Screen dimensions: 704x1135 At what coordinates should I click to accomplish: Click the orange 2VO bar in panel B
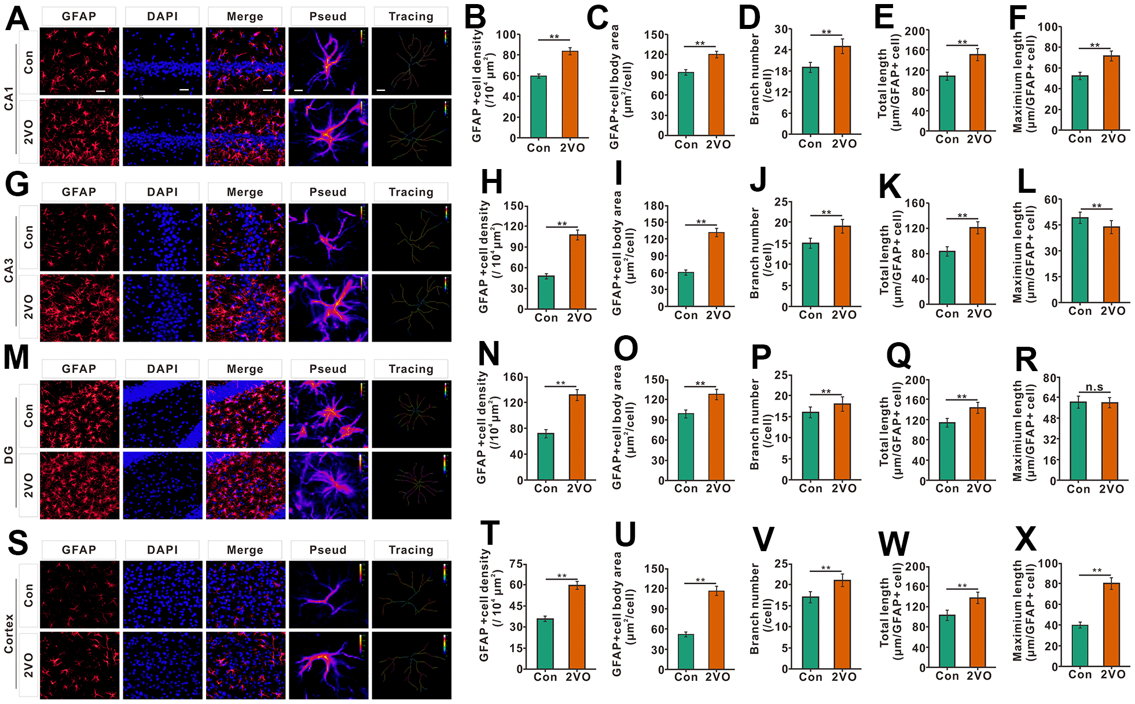coord(570,94)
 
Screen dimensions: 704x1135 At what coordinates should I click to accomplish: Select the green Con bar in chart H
coord(546,292)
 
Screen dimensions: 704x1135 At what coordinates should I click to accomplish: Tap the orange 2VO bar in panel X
coord(1111,625)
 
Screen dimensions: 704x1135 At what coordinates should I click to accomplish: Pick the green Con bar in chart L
coord(1079,260)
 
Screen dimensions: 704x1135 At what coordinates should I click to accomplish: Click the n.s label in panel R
coord(1094,387)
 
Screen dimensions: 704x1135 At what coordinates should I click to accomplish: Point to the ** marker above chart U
coord(700,580)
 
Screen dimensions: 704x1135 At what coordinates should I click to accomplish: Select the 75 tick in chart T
coord(516,564)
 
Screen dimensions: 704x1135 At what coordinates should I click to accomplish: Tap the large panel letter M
coord(16,357)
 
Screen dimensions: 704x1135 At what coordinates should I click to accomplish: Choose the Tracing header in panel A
coord(411,16)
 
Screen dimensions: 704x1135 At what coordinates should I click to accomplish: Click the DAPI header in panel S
coord(162,549)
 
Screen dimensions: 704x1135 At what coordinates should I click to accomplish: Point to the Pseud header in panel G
coord(328,192)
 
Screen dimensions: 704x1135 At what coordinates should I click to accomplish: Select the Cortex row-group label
coord(9,633)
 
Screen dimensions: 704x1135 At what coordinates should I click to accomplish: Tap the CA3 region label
coord(9,270)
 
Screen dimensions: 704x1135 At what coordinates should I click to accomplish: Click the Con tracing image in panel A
coord(411,61)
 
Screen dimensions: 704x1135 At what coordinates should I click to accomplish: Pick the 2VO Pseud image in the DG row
coord(328,486)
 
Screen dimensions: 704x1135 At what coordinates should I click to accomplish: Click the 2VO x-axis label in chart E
coord(979,139)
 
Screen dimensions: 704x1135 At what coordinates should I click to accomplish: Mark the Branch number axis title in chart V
coord(755,608)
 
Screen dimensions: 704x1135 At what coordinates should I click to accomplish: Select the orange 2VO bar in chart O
coord(717,437)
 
